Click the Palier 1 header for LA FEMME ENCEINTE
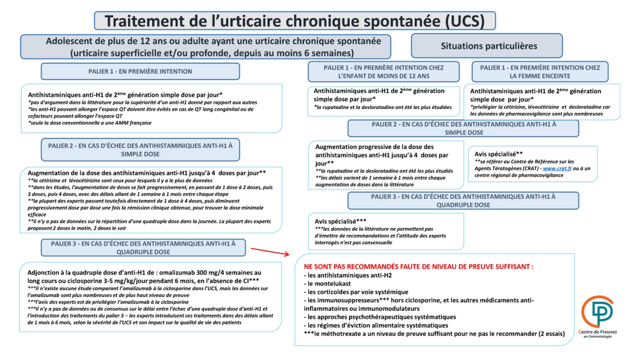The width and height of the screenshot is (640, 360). [x=540, y=72]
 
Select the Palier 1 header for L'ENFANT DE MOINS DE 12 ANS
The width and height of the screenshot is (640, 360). [x=383, y=72]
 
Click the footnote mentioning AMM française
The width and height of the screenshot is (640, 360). [x=90, y=123]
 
